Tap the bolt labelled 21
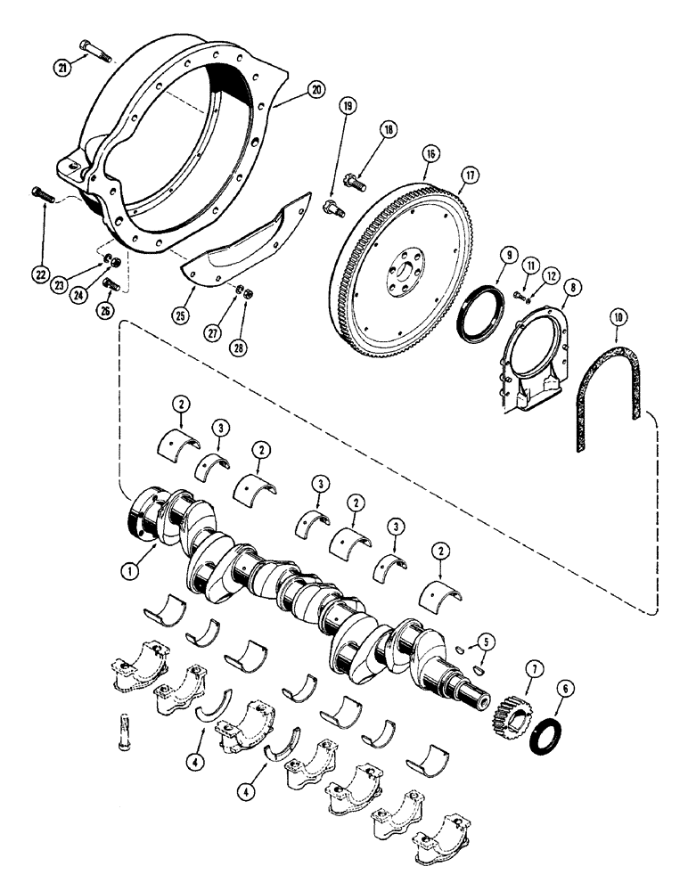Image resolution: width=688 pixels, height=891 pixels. (x=94, y=51)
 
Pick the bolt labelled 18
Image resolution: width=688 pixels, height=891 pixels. (x=356, y=184)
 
